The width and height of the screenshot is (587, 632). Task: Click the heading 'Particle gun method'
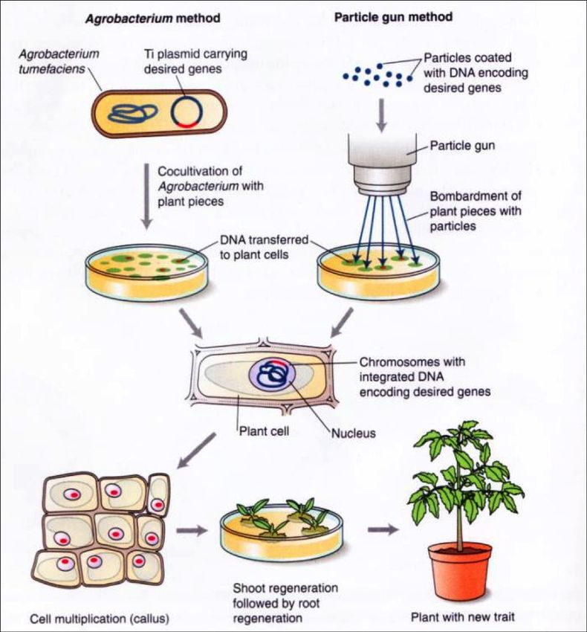click(394, 16)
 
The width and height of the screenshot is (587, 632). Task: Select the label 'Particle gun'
click(462, 145)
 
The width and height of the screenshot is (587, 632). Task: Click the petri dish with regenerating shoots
click(281, 530)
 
